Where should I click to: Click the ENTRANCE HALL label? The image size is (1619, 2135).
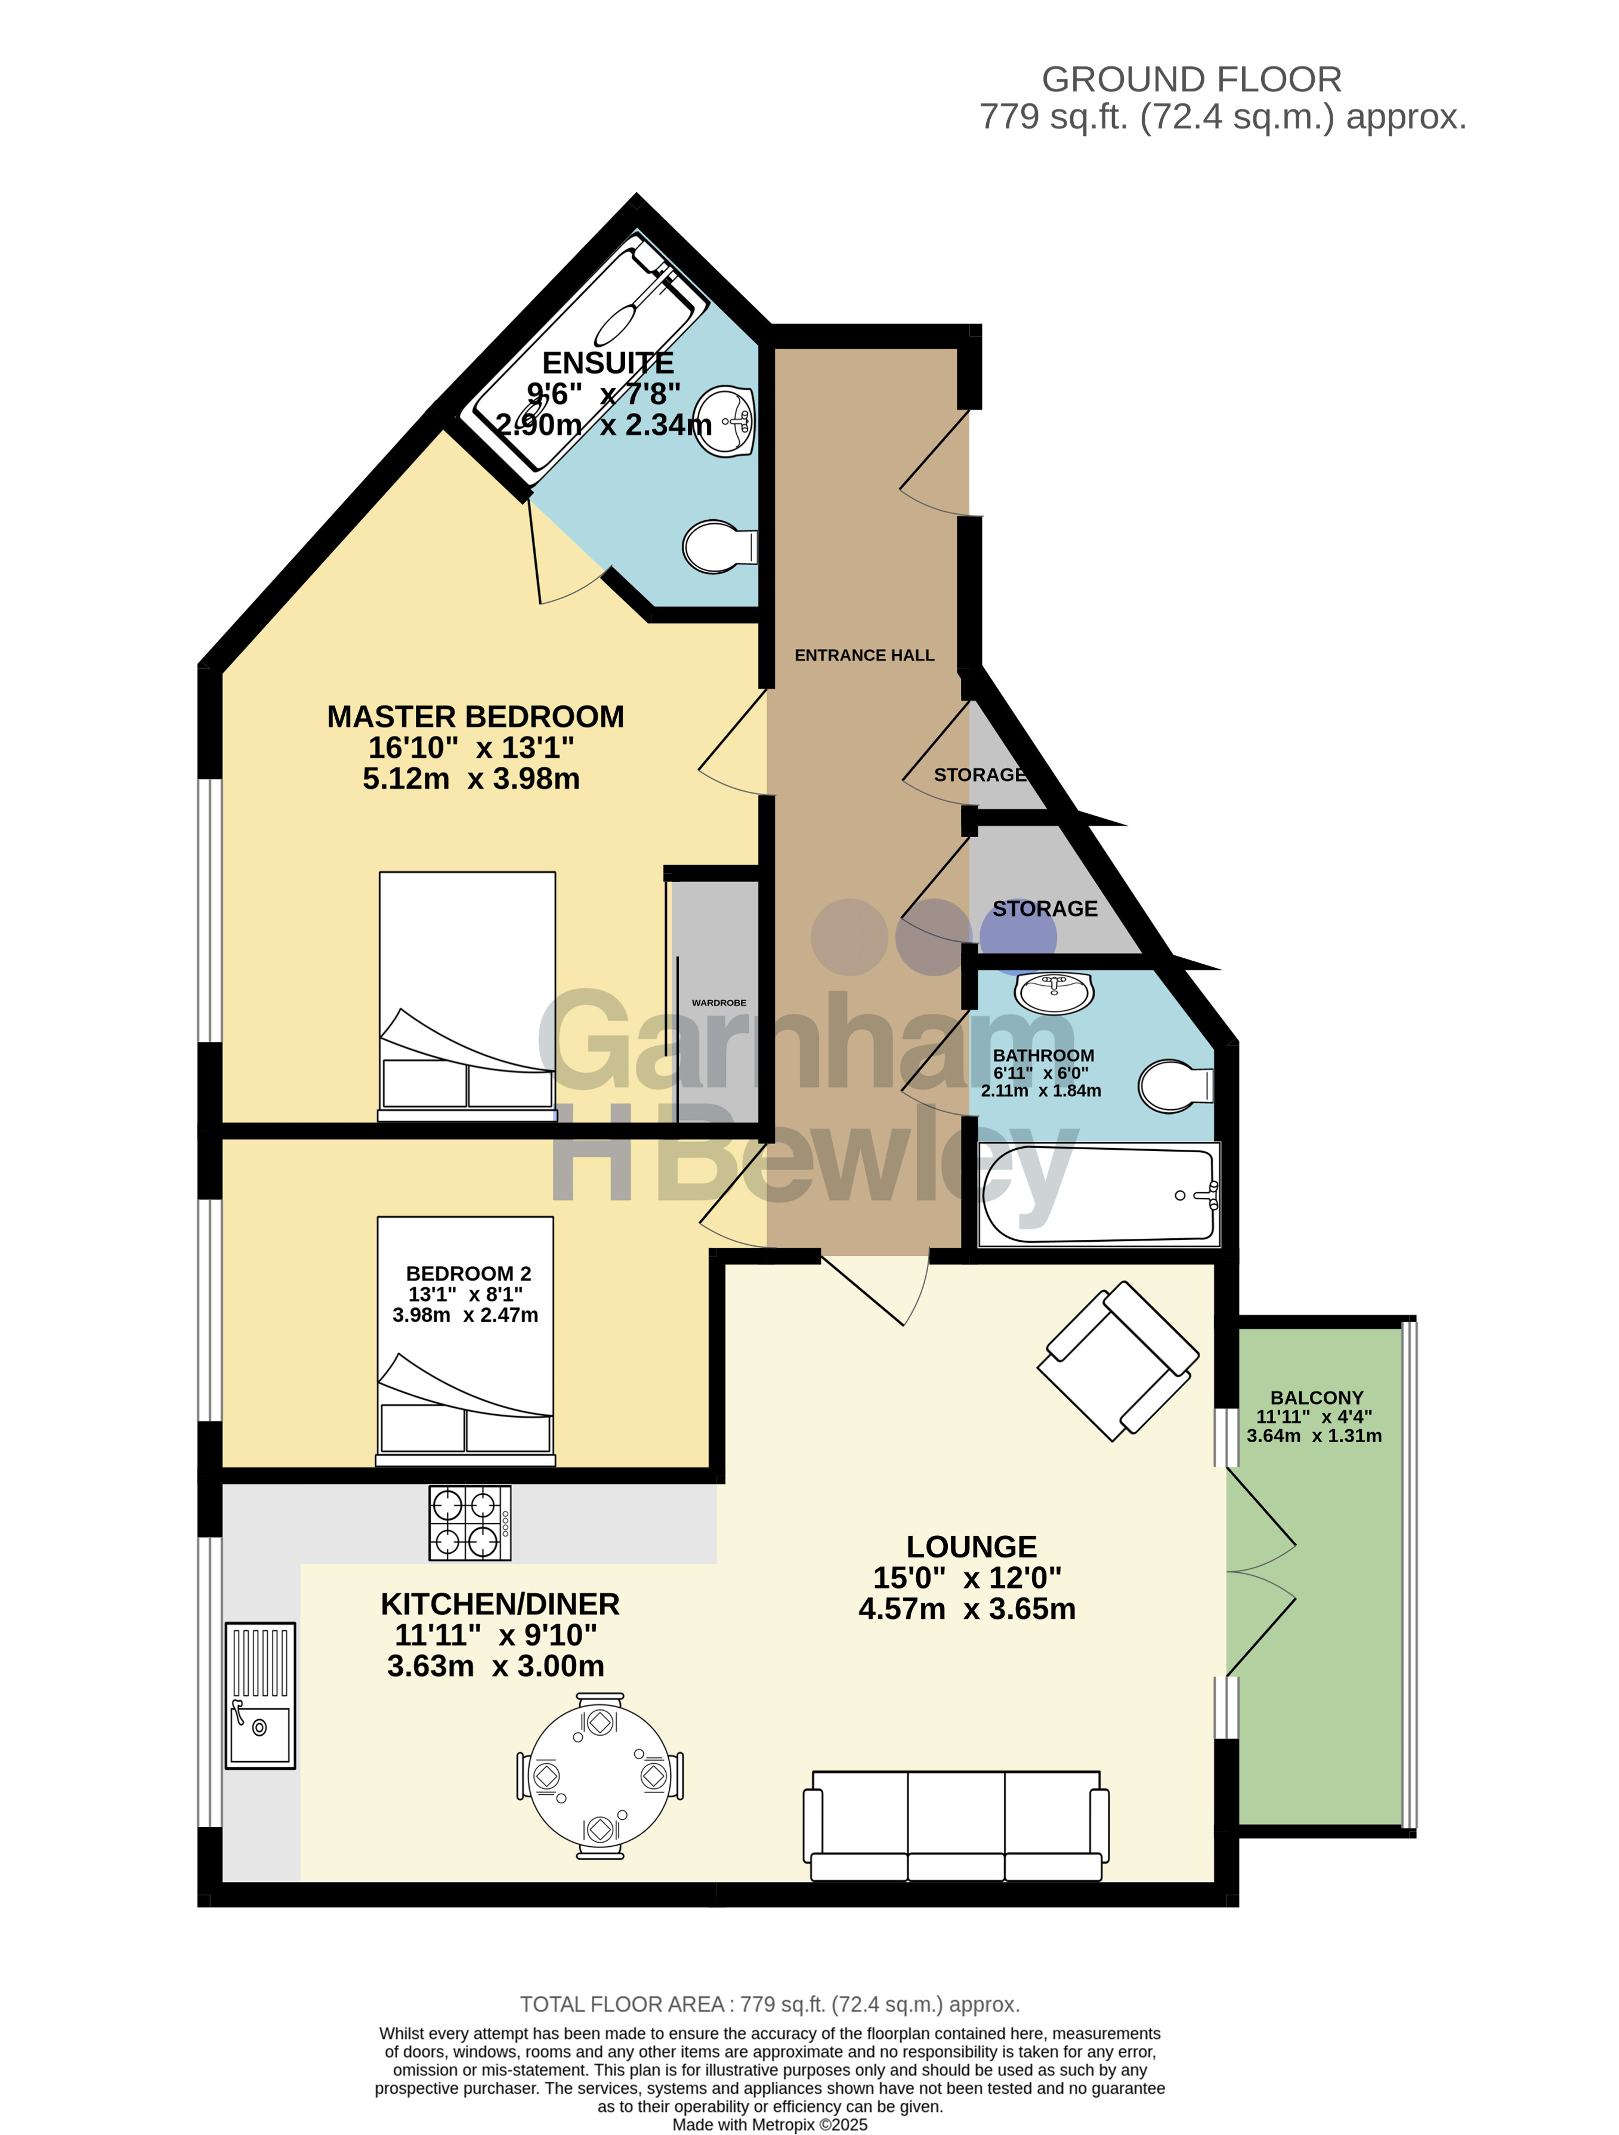[x=864, y=655]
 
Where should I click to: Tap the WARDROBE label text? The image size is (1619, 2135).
[x=719, y=1003]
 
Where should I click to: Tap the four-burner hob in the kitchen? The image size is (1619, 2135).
[x=470, y=1522]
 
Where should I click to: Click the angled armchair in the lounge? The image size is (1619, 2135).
[x=1119, y=1361]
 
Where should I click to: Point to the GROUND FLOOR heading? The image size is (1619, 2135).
[x=1191, y=79]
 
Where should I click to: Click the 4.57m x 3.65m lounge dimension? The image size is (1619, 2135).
[x=967, y=1608]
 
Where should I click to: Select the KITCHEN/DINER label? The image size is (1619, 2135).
[x=500, y=1604]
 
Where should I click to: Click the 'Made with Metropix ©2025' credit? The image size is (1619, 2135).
[x=770, y=2124]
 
